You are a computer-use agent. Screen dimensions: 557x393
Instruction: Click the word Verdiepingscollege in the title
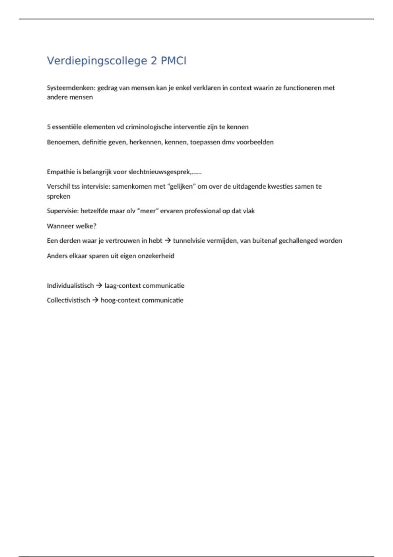(97, 61)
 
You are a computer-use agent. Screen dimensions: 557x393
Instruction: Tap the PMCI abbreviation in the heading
(173, 61)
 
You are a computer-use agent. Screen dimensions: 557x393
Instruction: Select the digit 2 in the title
(154, 61)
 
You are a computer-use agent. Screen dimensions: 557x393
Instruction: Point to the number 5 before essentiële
(48, 127)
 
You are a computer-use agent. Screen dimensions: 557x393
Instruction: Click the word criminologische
(149, 127)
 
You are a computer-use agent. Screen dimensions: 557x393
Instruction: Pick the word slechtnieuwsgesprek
(159, 172)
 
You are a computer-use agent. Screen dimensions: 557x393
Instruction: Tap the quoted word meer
(148, 211)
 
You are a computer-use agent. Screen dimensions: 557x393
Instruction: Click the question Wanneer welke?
(71, 226)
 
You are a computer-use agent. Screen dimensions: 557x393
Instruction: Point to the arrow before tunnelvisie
(168, 240)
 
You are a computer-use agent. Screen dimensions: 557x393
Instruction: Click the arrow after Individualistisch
(99, 285)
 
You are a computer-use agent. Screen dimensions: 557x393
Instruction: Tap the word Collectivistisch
(68, 300)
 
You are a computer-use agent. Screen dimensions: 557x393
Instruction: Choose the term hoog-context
(121, 300)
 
